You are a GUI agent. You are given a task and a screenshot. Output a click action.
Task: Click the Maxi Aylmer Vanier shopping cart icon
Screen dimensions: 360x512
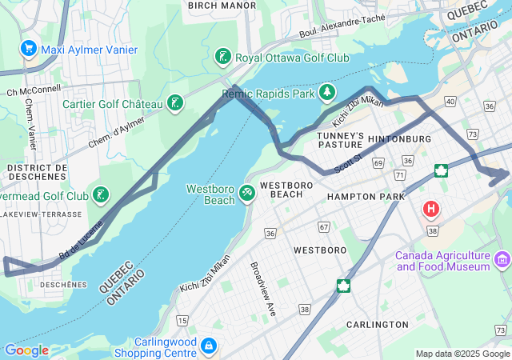pyautogui.click(x=29, y=49)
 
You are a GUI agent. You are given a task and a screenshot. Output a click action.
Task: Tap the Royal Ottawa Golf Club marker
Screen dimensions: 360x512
pyautogui.click(x=223, y=57)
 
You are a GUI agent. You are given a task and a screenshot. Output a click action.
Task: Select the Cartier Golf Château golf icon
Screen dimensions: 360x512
pyautogui.click(x=174, y=103)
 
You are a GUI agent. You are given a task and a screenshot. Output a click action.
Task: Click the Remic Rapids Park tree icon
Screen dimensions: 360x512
pyautogui.click(x=326, y=94)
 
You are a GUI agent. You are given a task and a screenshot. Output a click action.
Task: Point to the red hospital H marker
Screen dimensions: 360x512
pyautogui.click(x=431, y=210)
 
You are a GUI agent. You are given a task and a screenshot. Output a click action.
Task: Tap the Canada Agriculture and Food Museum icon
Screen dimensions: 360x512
pyautogui.click(x=502, y=258)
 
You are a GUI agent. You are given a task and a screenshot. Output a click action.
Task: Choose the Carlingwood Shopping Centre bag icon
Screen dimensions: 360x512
pyautogui.click(x=208, y=346)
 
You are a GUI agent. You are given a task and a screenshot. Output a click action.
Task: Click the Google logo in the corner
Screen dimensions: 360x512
pyautogui.click(x=26, y=350)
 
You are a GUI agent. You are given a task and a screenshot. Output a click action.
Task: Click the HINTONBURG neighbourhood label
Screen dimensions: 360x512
pyautogui.click(x=399, y=139)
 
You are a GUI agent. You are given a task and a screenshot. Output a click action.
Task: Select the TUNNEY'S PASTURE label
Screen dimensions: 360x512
pyautogui.click(x=341, y=140)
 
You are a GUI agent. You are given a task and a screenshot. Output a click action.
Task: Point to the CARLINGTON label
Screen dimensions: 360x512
pyautogui.click(x=377, y=324)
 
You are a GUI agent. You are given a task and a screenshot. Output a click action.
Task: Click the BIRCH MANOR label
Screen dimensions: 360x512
pyautogui.click(x=222, y=6)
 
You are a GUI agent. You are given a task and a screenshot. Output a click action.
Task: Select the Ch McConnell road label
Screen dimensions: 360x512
pyautogui.click(x=34, y=90)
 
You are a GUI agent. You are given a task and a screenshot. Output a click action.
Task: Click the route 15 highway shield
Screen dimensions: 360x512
pyautogui.click(x=182, y=320)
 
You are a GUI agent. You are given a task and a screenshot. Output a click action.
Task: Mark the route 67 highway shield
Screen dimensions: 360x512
pyautogui.click(x=324, y=227)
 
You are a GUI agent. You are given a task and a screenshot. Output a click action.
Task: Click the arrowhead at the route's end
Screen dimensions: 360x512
pyautogui.click(x=503, y=173)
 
